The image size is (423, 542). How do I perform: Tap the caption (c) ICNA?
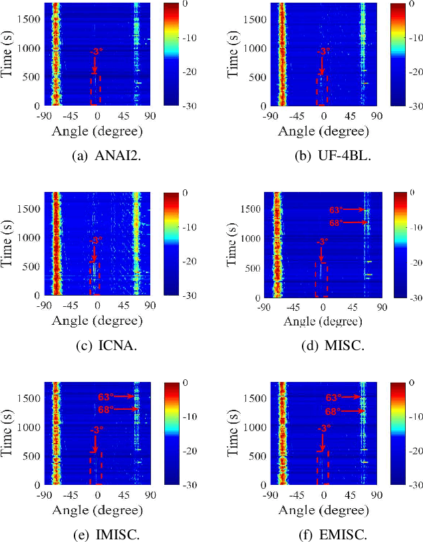[x=97, y=347]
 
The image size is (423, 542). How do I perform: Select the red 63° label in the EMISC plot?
[x=334, y=397]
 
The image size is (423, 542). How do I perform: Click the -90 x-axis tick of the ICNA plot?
[x=45, y=306]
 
